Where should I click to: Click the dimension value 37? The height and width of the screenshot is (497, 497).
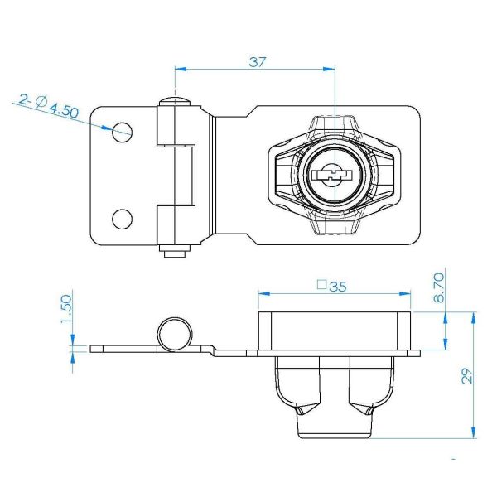pyautogui.click(x=257, y=62)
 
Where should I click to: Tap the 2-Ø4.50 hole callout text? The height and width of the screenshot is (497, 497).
pyautogui.click(x=48, y=105)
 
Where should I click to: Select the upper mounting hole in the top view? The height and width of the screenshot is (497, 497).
pyautogui.click(x=122, y=133)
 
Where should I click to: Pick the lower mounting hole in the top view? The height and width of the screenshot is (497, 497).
pyautogui.click(x=122, y=219)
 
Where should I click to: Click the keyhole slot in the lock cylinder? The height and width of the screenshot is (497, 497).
pyautogui.click(x=332, y=175)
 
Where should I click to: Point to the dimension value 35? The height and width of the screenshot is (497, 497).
pyautogui.click(x=338, y=287)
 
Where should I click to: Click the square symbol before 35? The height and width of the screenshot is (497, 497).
pyautogui.click(x=321, y=285)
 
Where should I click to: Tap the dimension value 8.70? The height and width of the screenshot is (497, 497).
pyautogui.click(x=439, y=287)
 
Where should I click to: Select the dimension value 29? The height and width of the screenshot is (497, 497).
pyautogui.click(x=467, y=376)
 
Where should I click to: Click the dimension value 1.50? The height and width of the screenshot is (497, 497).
pyautogui.click(x=66, y=309)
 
